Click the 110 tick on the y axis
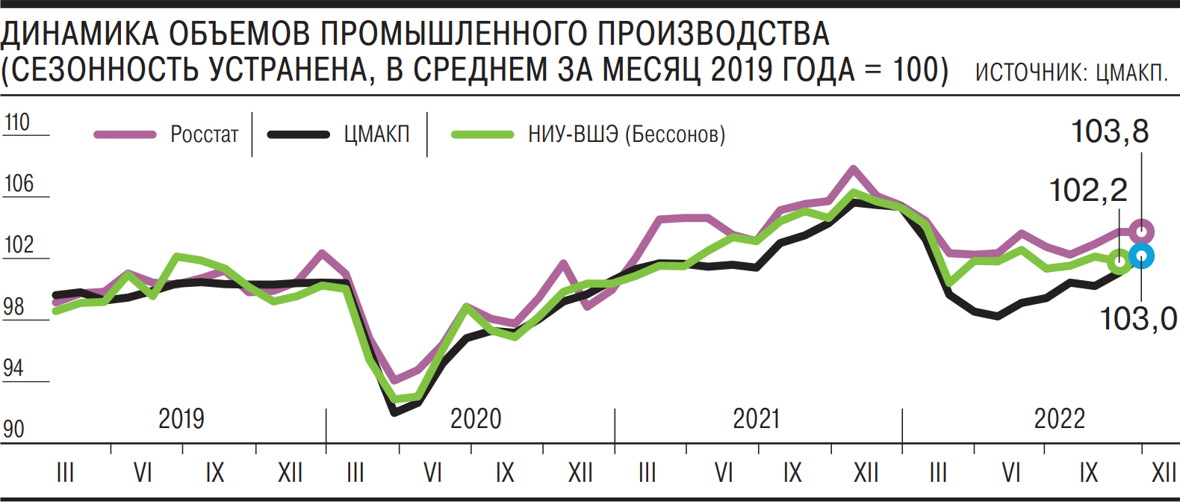point(17,123)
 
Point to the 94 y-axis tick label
point(13,368)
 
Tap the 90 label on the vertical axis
point(13,430)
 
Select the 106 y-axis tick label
point(19,184)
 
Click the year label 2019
point(181,419)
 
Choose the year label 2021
point(756,419)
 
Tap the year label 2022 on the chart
point(1059,419)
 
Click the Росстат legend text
point(204,134)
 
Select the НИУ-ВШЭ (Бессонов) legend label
point(626,134)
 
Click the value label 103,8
point(1109,132)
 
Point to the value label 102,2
point(1088,191)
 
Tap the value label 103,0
point(1138,320)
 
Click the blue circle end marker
point(1142,256)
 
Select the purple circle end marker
point(1142,231)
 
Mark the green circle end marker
point(1119,262)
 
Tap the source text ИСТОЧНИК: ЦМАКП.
point(1071,72)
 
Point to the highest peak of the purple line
point(853,169)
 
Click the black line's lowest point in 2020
point(394,412)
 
